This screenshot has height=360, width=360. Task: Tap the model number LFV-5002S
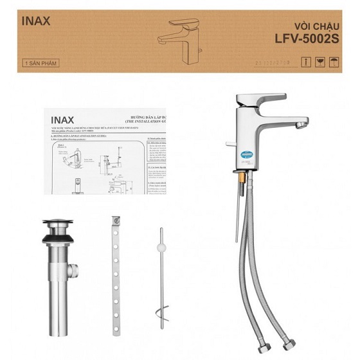(306, 39)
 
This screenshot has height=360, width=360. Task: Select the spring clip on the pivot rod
(162, 314)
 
